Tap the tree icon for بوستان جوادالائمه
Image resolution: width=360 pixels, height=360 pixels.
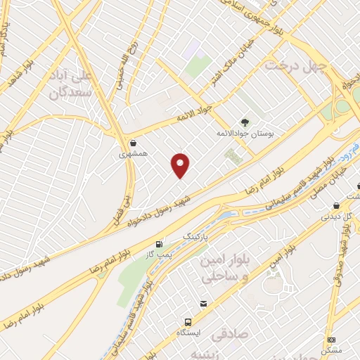point(245,122)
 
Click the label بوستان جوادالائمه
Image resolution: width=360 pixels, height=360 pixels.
point(245,133)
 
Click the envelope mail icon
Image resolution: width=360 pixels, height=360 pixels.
point(203,304)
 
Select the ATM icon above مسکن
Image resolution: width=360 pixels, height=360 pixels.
point(331,339)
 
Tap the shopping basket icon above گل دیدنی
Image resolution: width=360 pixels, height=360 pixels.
point(335,206)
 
